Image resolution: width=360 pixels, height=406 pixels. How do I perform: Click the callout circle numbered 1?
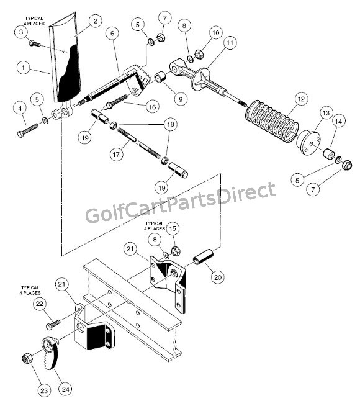pyautogui.click(x=24, y=66)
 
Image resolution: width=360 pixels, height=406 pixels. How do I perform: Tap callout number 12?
pyautogui.click(x=302, y=98)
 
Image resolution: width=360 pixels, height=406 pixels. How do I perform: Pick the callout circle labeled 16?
pyautogui.click(x=152, y=107)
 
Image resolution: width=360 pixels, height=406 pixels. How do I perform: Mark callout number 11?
pyautogui.click(x=230, y=43)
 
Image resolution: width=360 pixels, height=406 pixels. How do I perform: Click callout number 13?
pyautogui.click(x=326, y=113)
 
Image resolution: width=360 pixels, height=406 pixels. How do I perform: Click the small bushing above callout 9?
pyautogui.click(x=159, y=78)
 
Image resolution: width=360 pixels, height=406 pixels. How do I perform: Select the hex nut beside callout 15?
pyautogui.click(x=174, y=251)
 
